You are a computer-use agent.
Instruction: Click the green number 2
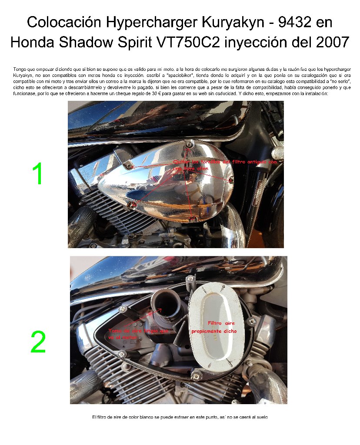(38, 342)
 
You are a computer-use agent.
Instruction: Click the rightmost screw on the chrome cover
(231, 179)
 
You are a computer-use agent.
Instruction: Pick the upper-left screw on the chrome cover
(128, 166)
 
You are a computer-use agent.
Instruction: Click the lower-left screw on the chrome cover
(134, 204)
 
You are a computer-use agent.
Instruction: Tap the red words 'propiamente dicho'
(214, 331)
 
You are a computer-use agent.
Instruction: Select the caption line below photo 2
(180, 417)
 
